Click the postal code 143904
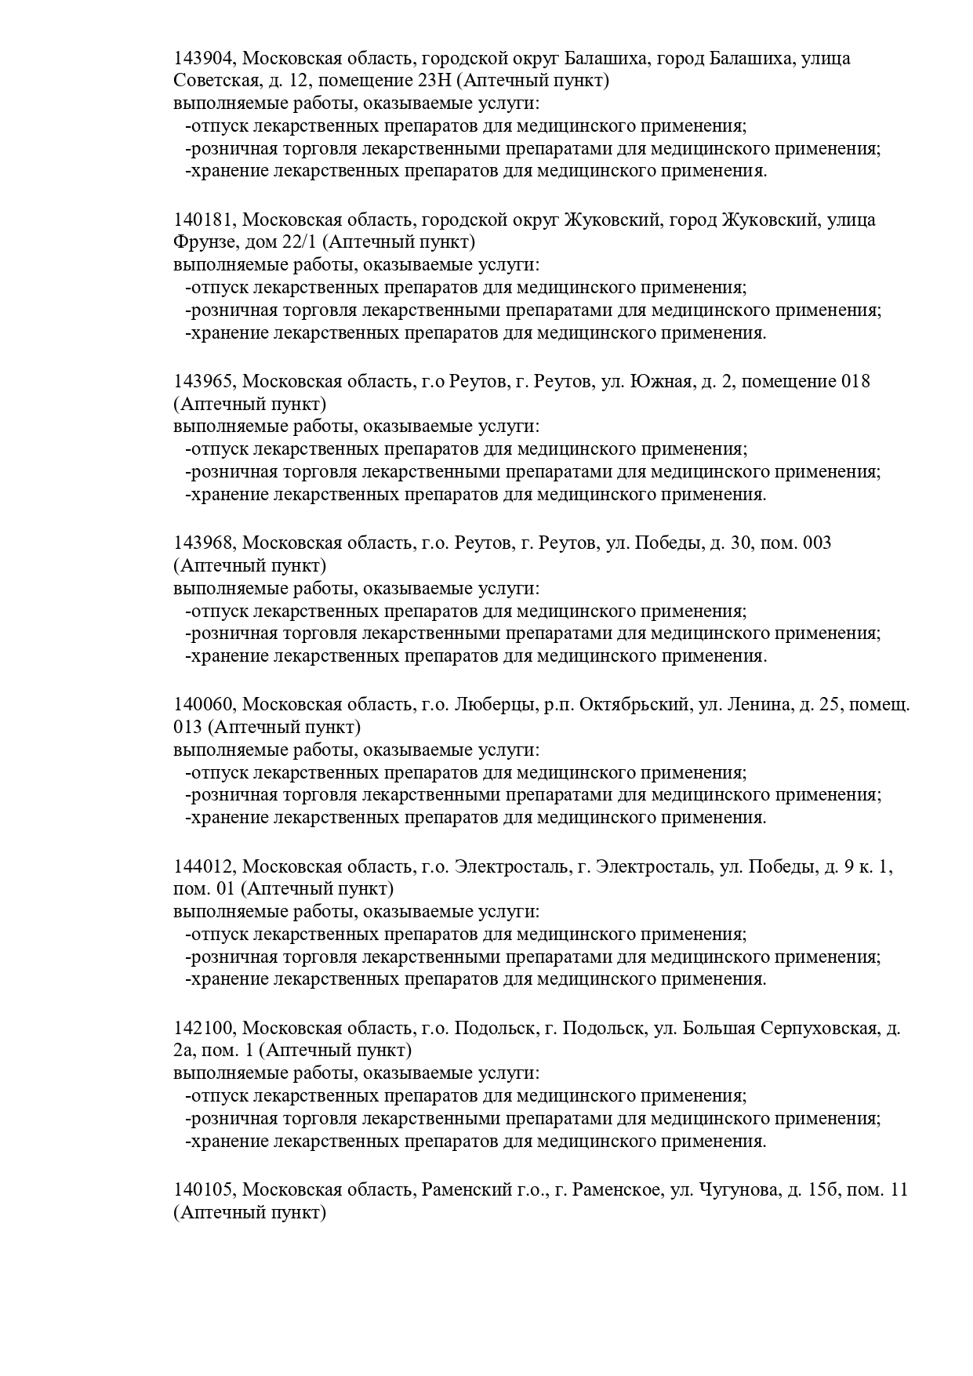coord(204,59)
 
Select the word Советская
coord(212,81)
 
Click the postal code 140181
coord(204,220)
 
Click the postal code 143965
coord(204,382)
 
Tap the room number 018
coord(855,382)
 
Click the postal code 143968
coord(204,543)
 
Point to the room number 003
coord(817,543)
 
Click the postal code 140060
coord(204,705)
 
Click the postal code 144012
coord(204,867)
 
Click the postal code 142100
coord(204,1029)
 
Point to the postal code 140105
coord(204,1190)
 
